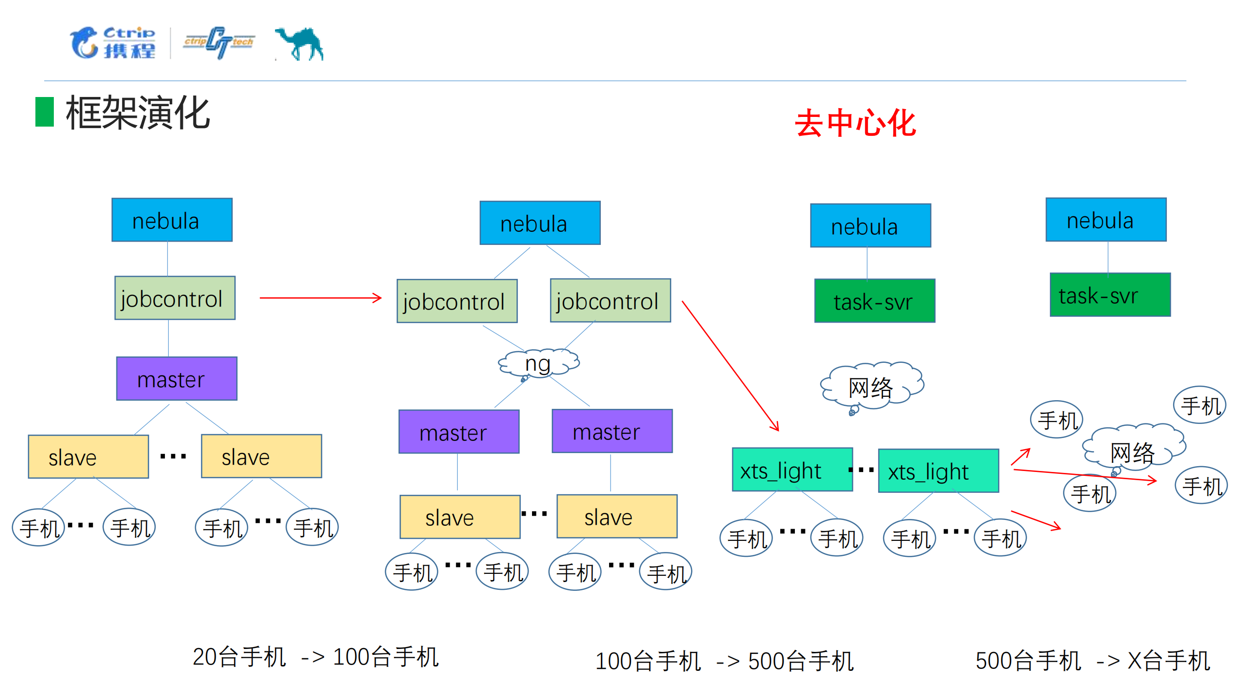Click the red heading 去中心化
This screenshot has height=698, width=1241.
coord(855,123)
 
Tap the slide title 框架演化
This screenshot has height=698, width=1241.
coord(138,113)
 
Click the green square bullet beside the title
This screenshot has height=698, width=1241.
coord(45,112)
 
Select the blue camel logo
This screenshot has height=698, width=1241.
coord(300,44)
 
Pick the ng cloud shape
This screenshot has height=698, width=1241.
coord(538,363)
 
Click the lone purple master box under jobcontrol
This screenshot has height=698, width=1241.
coord(177,379)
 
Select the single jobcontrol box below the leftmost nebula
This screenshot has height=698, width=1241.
coord(175,298)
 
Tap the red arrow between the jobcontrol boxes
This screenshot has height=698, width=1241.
coord(320,298)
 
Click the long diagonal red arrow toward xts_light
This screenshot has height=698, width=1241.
coord(729,365)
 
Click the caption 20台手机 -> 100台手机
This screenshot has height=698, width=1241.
coord(315,657)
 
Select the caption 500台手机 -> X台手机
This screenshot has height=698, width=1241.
coord(1092,661)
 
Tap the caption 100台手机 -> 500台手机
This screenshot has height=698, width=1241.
coord(724,661)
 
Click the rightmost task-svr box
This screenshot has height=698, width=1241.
coord(1110,295)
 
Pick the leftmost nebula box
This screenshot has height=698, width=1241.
coord(172,220)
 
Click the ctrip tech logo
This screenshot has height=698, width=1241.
coord(219,43)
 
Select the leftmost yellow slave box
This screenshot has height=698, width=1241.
coord(88,457)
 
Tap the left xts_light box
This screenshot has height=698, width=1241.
coord(792,470)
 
